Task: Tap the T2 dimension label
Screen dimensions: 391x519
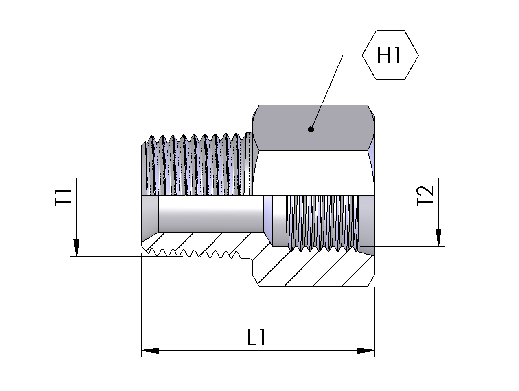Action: pyautogui.click(x=426, y=196)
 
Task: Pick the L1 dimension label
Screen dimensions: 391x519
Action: pyautogui.click(x=257, y=338)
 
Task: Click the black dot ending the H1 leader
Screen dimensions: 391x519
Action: pyautogui.click(x=311, y=130)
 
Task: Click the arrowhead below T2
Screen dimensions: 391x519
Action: pyautogui.click(x=438, y=237)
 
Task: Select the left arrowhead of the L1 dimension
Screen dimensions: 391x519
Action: pyautogui.click(x=150, y=350)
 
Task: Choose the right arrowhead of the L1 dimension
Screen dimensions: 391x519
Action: pyautogui.click(x=366, y=350)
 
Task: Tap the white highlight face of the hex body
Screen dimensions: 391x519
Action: pyautogui.click(x=313, y=173)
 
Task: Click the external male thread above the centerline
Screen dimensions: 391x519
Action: pyautogui.click(x=195, y=165)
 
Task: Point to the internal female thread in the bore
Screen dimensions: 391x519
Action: pyautogui.click(x=322, y=222)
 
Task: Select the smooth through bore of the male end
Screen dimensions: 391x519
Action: pyautogui.click(x=210, y=214)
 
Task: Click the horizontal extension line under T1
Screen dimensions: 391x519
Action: pyautogui.click(x=106, y=257)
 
